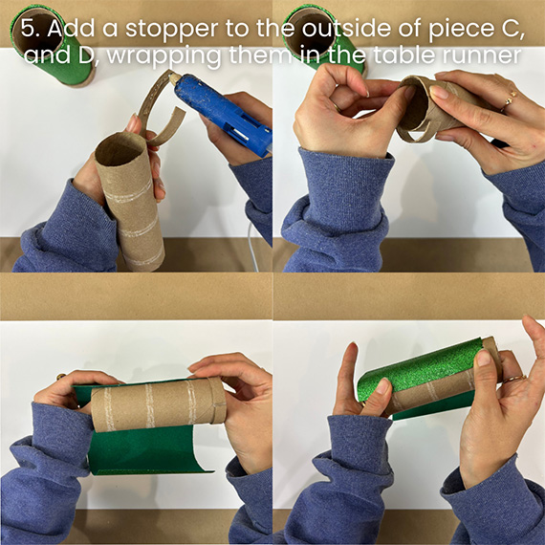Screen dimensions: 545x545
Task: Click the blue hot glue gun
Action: pos(223,110)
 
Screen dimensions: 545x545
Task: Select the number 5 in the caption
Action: pos(28,28)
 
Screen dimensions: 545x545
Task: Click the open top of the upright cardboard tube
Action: pos(119,150)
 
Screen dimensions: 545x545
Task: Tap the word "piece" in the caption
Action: pos(457,31)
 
